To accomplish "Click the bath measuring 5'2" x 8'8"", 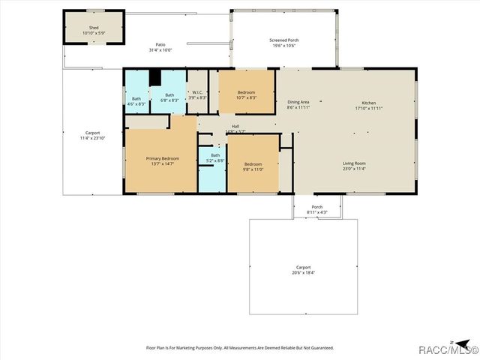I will pyautogui.click(x=215, y=158).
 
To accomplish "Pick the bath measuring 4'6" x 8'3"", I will pyautogui.click(x=136, y=101).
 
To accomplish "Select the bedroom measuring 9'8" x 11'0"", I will pyautogui.click(x=253, y=166).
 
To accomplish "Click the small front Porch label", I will pyautogui.click(x=316, y=210).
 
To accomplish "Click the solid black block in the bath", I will pyautogui.click(x=155, y=77).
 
